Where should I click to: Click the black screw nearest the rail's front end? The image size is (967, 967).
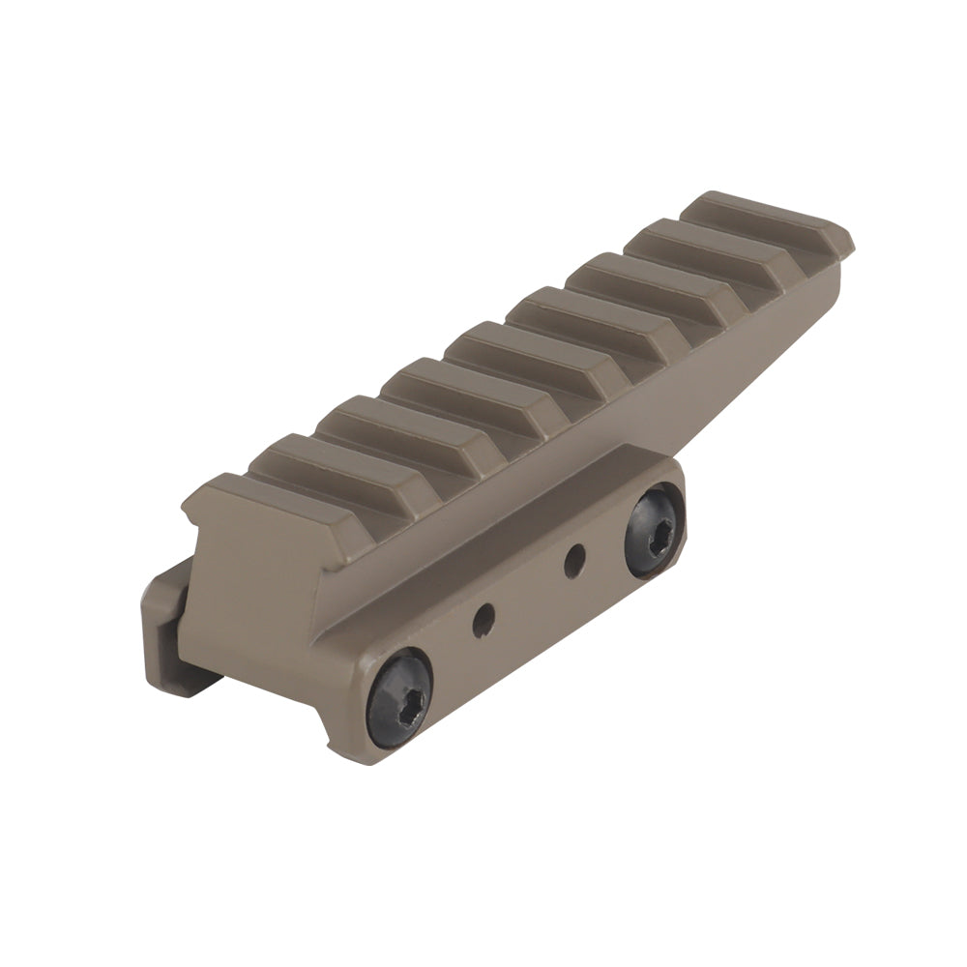point(399,697)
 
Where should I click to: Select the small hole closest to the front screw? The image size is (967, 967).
point(483,620)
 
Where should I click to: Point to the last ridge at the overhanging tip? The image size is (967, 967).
point(764,219)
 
